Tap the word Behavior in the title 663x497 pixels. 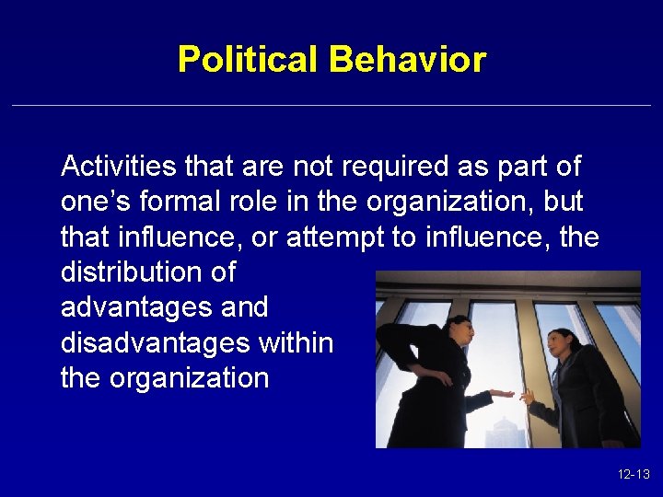(x=407, y=60)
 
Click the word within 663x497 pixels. (x=297, y=343)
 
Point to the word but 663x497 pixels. (x=564, y=202)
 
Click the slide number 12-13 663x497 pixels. (x=634, y=475)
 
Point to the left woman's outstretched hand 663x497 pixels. (x=502, y=394)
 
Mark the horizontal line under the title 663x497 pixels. (x=331, y=106)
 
